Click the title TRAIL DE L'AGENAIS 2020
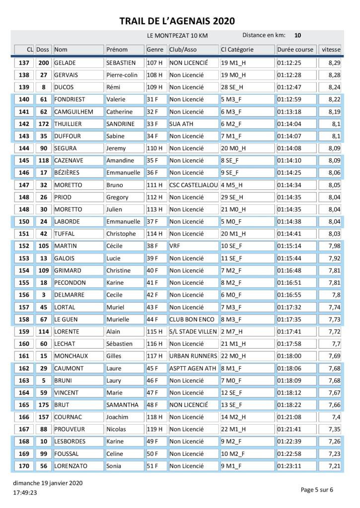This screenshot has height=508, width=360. coord(177,21)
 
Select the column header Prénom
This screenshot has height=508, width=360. coord(117,50)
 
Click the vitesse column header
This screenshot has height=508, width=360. coord(331,50)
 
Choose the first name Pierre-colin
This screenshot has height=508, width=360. coord(122,75)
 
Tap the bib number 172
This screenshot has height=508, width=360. coord(44,124)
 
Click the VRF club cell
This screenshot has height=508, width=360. coord(174,246)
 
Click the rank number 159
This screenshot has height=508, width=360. coord(24,331)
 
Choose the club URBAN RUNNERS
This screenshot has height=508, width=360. coord(193,356)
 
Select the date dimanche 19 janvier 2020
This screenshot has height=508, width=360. coord(48,483)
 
